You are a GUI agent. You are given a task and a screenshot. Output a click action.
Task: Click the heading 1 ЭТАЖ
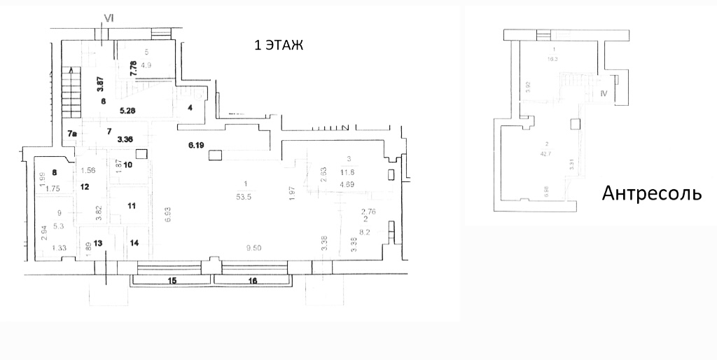[279, 46]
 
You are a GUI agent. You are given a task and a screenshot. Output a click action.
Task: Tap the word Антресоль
[652, 193]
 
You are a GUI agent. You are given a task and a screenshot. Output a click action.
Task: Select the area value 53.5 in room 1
[244, 197]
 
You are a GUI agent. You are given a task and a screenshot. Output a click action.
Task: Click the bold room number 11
[132, 205]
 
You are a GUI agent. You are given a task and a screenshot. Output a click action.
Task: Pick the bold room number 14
[134, 242]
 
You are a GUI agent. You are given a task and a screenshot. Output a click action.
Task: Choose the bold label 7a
[73, 133]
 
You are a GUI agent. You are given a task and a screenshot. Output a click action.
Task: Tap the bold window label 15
[172, 281]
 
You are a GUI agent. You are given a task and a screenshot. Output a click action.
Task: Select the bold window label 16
[253, 281]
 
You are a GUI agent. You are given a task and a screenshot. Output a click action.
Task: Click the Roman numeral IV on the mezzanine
[604, 92]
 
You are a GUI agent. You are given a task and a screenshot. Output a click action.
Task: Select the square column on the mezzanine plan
[575, 124]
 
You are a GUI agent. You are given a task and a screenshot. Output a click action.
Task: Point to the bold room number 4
[190, 108]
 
